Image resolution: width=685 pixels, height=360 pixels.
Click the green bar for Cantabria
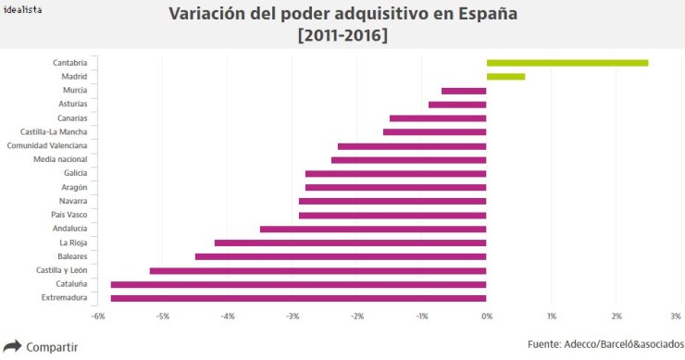point(567,63)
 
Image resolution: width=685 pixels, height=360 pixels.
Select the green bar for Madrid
point(505,77)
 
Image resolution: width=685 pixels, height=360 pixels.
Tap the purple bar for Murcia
point(464,91)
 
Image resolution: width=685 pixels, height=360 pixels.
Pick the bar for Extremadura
point(298,298)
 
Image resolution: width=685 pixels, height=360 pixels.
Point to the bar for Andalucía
point(373,229)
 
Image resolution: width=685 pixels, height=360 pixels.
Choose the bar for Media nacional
point(408,160)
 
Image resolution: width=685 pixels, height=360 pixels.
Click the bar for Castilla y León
point(318,270)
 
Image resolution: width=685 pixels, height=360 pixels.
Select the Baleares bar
point(341,256)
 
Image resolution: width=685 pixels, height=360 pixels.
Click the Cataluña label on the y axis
point(70,284)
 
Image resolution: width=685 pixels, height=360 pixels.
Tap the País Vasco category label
point(69,215)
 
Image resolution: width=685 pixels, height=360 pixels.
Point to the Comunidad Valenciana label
point(47,145)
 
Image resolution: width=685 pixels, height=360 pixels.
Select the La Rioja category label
point(72,242)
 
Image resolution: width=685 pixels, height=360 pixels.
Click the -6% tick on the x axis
point(97,317)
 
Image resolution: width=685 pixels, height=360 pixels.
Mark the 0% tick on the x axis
point(487,317)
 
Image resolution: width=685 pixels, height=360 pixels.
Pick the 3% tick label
point(676,317)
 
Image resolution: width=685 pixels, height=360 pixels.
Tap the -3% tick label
point(292,317)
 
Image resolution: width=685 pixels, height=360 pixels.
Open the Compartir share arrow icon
point(12,347)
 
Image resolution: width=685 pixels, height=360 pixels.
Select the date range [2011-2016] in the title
point(342,35)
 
